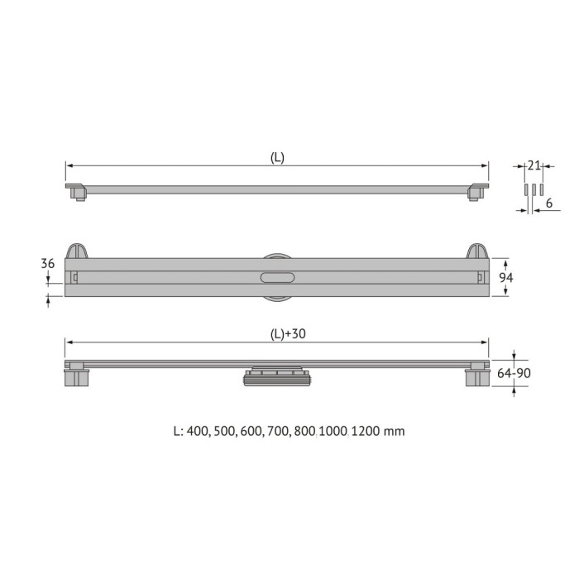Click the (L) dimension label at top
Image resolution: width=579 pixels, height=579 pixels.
(277, 158)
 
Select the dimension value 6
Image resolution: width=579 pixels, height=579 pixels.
(549, 203)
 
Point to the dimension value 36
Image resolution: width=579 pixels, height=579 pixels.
(47, 263)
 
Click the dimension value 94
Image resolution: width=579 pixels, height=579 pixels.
(506, 278)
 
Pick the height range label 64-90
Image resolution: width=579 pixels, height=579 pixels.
(514, 374)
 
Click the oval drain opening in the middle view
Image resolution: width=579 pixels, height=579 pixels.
(276, 278)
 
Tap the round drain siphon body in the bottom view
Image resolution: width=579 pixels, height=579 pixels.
(276, 378)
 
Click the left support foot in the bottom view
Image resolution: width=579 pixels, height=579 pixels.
(76, 376)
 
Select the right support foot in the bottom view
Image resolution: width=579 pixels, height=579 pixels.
(477, 376)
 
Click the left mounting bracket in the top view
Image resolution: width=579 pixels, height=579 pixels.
(75, 192)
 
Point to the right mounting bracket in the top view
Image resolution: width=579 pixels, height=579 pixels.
(478, 192)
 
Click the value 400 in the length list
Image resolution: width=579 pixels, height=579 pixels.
(197, 431)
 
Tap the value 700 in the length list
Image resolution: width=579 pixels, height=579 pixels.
(275, 431)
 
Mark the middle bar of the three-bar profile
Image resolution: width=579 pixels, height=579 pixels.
(534, 190)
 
